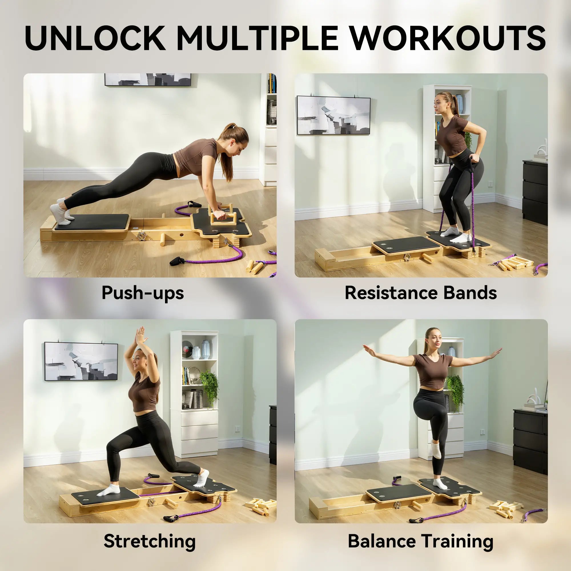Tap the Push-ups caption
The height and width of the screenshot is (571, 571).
(x=143, y=293)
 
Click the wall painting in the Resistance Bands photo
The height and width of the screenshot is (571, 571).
(x=333, y=115)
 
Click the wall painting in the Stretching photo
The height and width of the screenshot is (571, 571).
(x=81, y=361)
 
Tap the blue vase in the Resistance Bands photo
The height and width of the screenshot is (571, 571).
(x=459, y=104)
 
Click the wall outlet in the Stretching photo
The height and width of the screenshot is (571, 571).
(x=237, y=428)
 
